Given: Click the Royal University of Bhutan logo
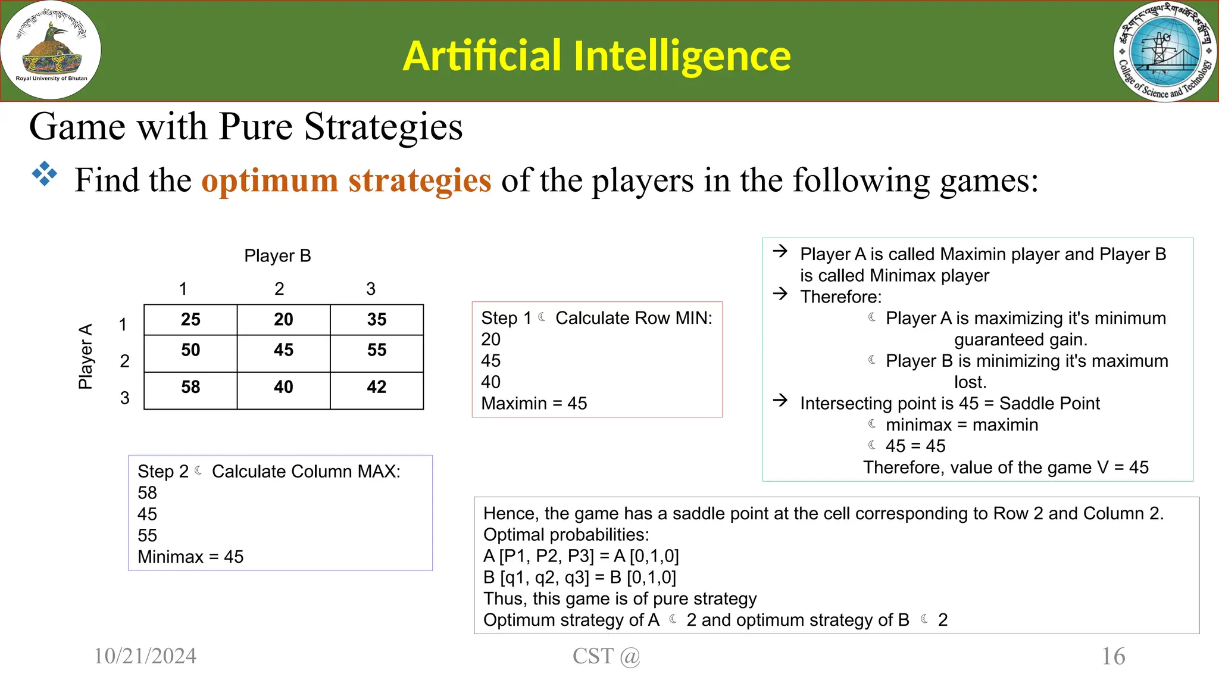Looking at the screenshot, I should pyautogui.click(x=51, y=51).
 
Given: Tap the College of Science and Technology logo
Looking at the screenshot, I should pyautogui.click(x=1165, y=52).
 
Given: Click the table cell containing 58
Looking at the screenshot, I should pyautogui.click(x=190, y=387).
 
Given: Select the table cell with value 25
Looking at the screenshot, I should pyautogui.click(x=190, y=320).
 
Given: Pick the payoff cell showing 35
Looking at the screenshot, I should pyautogui.click(x=377, y=320).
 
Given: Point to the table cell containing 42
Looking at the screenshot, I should pyautogui.click(x=377, y=387).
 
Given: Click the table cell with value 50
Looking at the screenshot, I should pyautogui.click(x=190, y=350).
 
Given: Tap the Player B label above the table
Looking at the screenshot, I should pyautogui.click(x=277, y=256).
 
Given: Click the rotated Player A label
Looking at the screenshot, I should pyautogui.click(x=86, y=356).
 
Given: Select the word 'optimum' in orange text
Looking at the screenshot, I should pyautogui.click(x=270, y=180).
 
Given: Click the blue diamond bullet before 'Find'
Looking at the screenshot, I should pyautogui.click(x=45, y=174).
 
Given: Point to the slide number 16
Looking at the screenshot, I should pyautogui.click(x=1113, y=656).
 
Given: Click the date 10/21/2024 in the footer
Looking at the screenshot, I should pyautogui.click(x=145, y=656).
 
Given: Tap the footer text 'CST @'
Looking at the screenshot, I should pyautogui.click(x=606, y=656).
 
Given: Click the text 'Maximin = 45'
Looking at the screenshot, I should pyautogui.click(x=534, y=404).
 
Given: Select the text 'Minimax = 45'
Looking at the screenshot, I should pyautogui.click(x=190, y=557).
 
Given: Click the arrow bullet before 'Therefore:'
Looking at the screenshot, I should pyautogui.click(x=780, y=294).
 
